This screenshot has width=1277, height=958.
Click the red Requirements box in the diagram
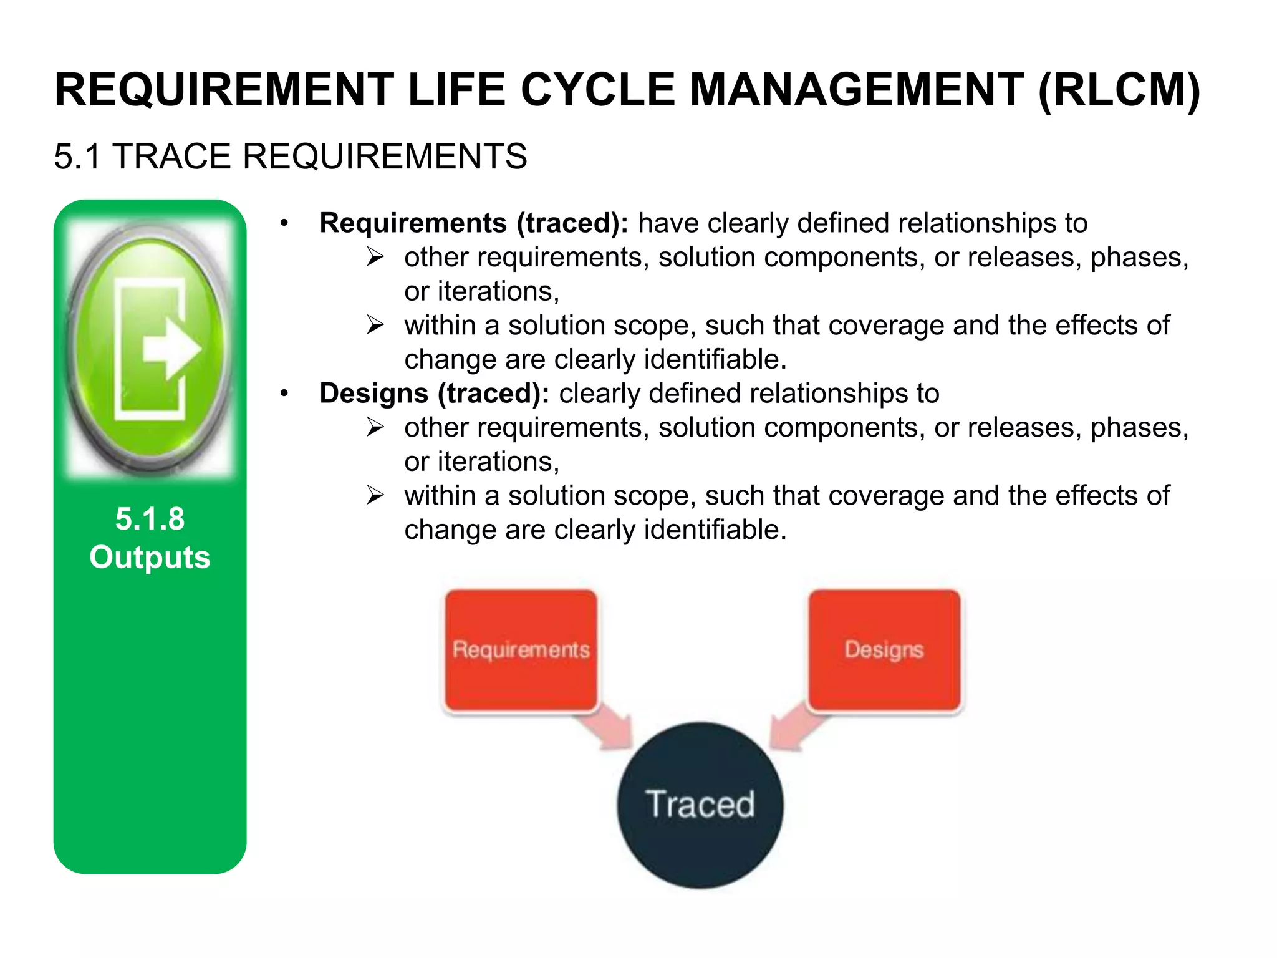coord(521,649)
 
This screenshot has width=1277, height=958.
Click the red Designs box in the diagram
coord(884,649)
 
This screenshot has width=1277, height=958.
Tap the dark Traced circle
coord(700,805)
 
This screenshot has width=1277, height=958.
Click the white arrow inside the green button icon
coord(170,350)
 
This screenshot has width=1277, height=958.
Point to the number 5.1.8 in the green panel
coord(150,519)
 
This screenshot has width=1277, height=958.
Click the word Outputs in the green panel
coord(150,557)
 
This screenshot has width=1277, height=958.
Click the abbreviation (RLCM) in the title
coord(1119,90)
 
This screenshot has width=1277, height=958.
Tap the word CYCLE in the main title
coord(597,90)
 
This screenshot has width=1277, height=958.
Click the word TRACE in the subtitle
coord(172,156)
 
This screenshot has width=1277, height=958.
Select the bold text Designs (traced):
coord(434,394)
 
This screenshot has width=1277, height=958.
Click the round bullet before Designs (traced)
coord(284,394)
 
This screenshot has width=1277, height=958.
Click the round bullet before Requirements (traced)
coord(284,223)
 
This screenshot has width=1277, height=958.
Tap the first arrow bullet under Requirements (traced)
coord(375,257)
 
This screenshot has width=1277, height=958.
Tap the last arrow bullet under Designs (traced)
coord(375,495)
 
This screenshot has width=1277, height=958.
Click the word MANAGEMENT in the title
coord(857,90)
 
